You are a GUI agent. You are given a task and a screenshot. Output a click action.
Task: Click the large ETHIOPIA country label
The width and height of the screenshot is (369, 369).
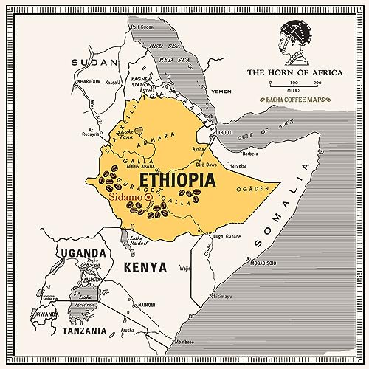(176, 179)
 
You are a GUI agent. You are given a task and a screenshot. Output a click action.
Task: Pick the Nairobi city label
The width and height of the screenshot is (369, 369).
(166, 304)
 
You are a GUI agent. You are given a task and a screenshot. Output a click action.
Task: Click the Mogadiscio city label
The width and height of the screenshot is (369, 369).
(262, 262)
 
